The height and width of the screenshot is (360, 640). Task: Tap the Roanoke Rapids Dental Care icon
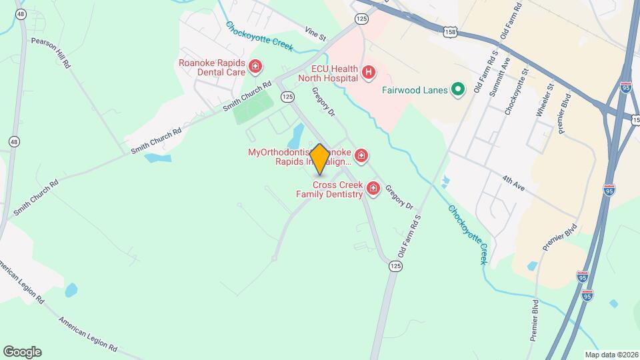click(255, 66)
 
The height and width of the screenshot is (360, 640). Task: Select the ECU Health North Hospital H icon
click(368, 71)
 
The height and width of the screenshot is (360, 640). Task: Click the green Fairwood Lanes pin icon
click(457, 89)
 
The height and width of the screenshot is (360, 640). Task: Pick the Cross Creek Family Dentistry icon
click(373, 189)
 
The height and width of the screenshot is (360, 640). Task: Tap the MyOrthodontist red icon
click(361, 156)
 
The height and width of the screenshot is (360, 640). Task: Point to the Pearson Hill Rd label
click(50, 53)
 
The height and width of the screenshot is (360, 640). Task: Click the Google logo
click(22, 351)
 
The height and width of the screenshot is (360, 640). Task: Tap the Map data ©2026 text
click(610, 355)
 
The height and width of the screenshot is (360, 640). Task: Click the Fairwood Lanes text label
click(414, 90)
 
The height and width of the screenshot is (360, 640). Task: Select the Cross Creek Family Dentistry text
click(330, 189)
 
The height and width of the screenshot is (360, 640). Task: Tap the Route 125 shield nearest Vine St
click(361, 19)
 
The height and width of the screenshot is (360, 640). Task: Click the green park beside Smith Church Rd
click(254, 106)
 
